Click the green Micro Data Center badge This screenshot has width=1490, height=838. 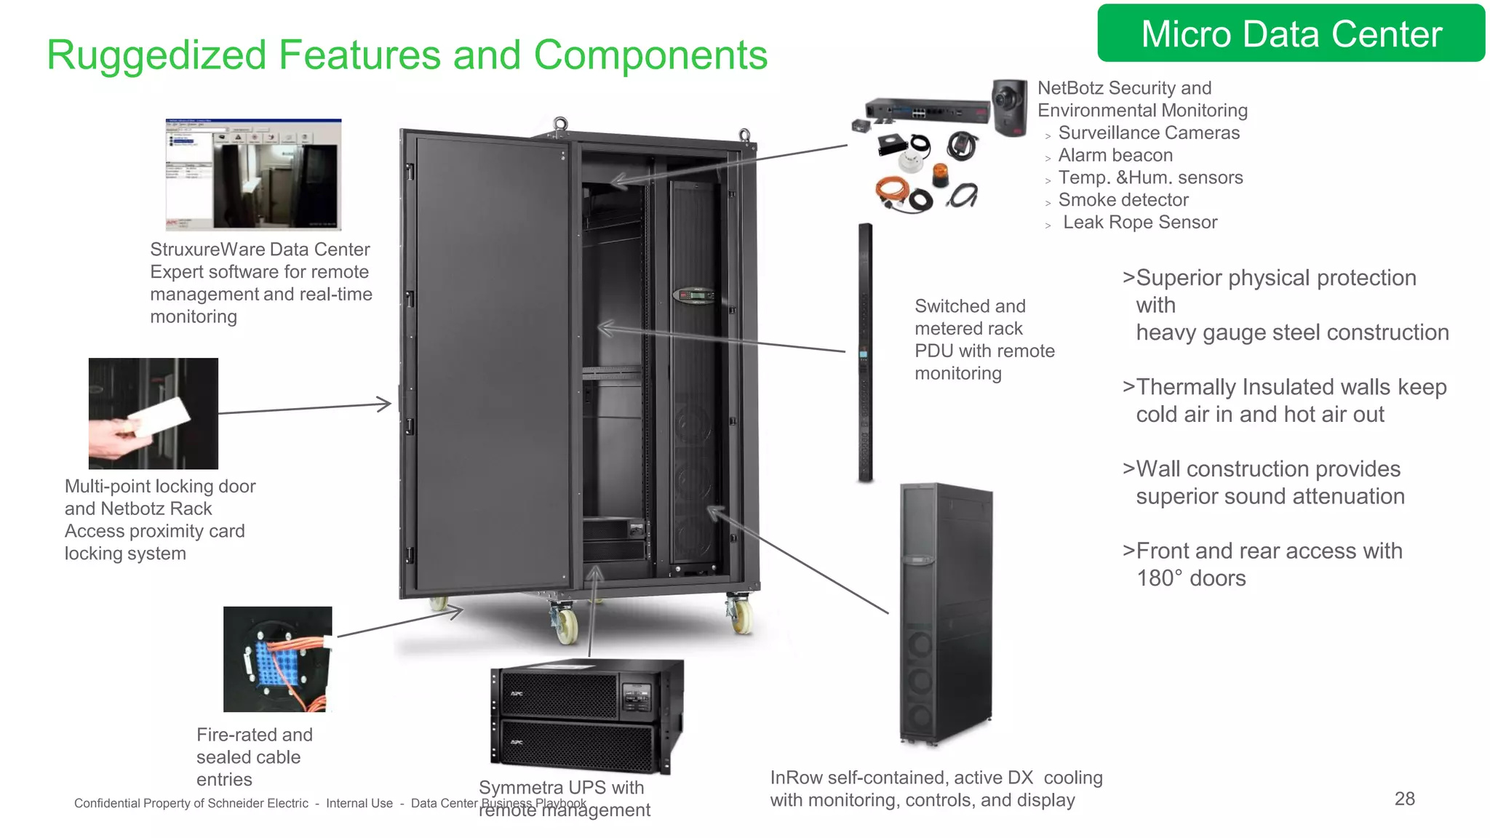pyautogui.click(x=1291, y=33)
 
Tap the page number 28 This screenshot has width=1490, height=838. pyautogui.click(x=1404, y=799)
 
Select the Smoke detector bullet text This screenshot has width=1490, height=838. pyautogui.click(x=1123, y=200)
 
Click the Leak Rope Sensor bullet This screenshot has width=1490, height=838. pyautogui.click(x=1139, y=223)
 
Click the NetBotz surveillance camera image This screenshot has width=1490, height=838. pyautogui.click(x=1009, y=107)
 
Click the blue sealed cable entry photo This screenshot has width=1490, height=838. pyautogui.click(x=277, y=659)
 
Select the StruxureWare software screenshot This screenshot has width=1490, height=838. pyautogui.click(x=253, y=175)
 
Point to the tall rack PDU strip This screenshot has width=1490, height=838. pyautogui.click(x=865, y=353)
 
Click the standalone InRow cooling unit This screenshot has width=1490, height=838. pyautogui.click(x=945, y=615)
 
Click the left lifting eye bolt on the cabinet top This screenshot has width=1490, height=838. pyautogui.click(x=560, y=124)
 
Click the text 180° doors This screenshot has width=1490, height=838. pyautogui.click(x=1191, y=578)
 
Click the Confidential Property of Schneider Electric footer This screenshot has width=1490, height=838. pyautogui.click(x=191, y=803)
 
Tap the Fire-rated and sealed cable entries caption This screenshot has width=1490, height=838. pyautogui.click(x=254, y=757)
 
